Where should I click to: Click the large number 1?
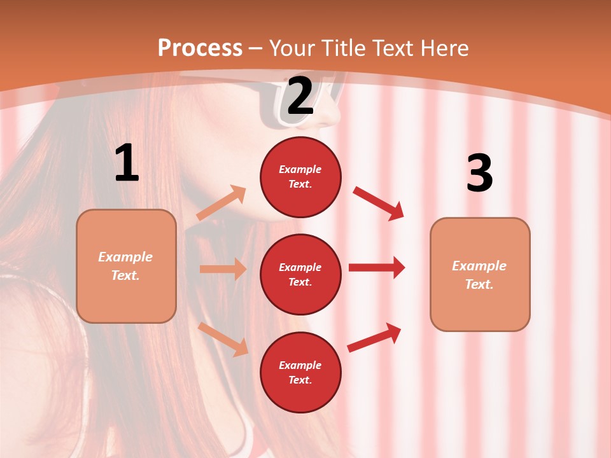click(x=127, y=163)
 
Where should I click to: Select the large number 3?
click(x=480, y=173)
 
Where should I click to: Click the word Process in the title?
click(x=200, y=48)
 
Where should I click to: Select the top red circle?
click(x=300, y=177)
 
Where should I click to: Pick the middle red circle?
click(x=300, y=274)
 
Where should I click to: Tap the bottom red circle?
click(x=300, y=372)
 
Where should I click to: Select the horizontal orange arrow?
click(x=223, y=269)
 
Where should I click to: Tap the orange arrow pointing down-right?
click(x=223, y=339)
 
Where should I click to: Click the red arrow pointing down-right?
click(x=379, y=204)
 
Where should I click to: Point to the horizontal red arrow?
click(x=376, y=267)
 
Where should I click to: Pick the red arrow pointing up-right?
click(x=374, y=338)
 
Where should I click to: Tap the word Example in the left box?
click(x=125, y=257)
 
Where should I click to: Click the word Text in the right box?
click(x=479, y=284)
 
